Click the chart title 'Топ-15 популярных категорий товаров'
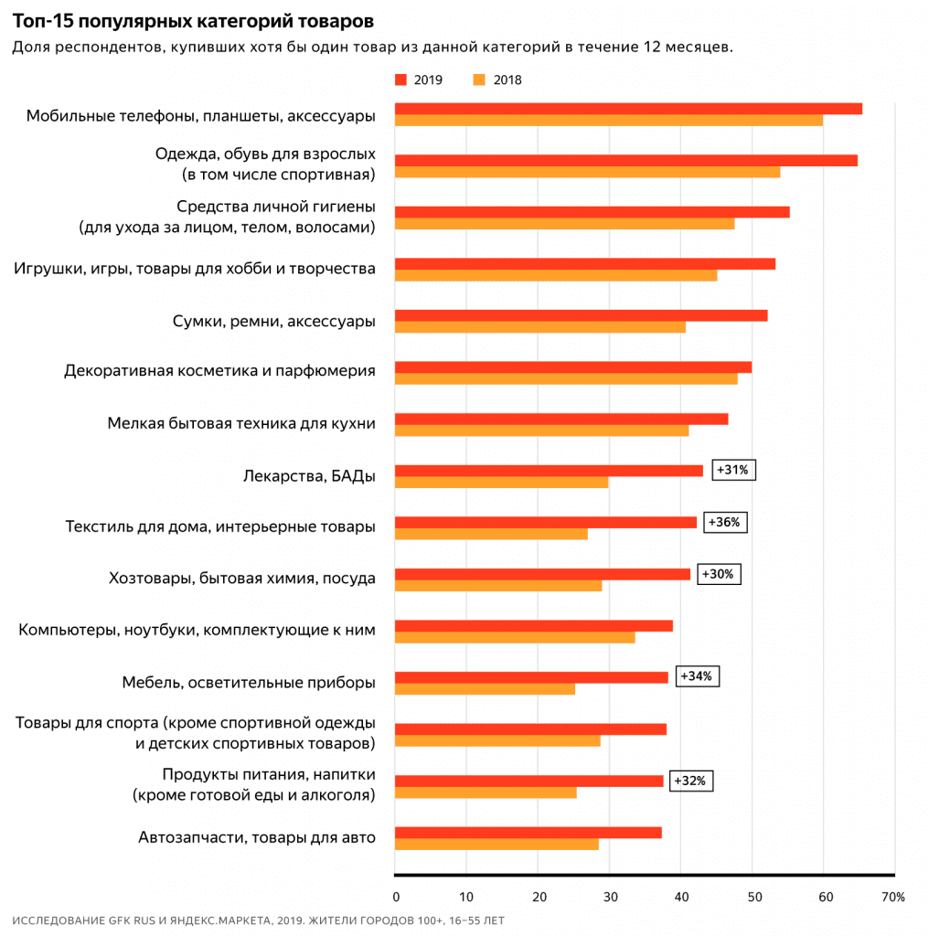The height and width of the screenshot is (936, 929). tap(193, 20)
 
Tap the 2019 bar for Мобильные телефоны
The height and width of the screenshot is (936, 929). tap(628, 109)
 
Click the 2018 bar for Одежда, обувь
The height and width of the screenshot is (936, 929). tap(587, 172)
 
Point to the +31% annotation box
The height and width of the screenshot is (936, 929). tap(733, 470)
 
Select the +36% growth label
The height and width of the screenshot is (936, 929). tap(726, 522)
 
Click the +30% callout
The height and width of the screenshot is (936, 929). tap(719, 574)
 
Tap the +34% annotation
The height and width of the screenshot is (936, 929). tap(698, 677)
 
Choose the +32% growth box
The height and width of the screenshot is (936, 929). tap(691, 781)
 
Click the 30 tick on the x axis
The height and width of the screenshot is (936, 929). tap(609, 897)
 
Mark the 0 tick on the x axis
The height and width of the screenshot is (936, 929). tap(395, 897)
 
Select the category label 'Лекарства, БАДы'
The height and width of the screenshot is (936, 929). tap(310, 476)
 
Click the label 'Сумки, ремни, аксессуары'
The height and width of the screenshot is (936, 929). tap(274, 321)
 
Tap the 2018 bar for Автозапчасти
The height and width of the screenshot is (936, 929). tap(497, 844)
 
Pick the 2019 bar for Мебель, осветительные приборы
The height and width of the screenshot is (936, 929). tap(531, 677)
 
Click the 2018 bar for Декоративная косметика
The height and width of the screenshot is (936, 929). tap(566, 378)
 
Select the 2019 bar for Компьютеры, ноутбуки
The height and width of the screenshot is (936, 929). tap(534, 625)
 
